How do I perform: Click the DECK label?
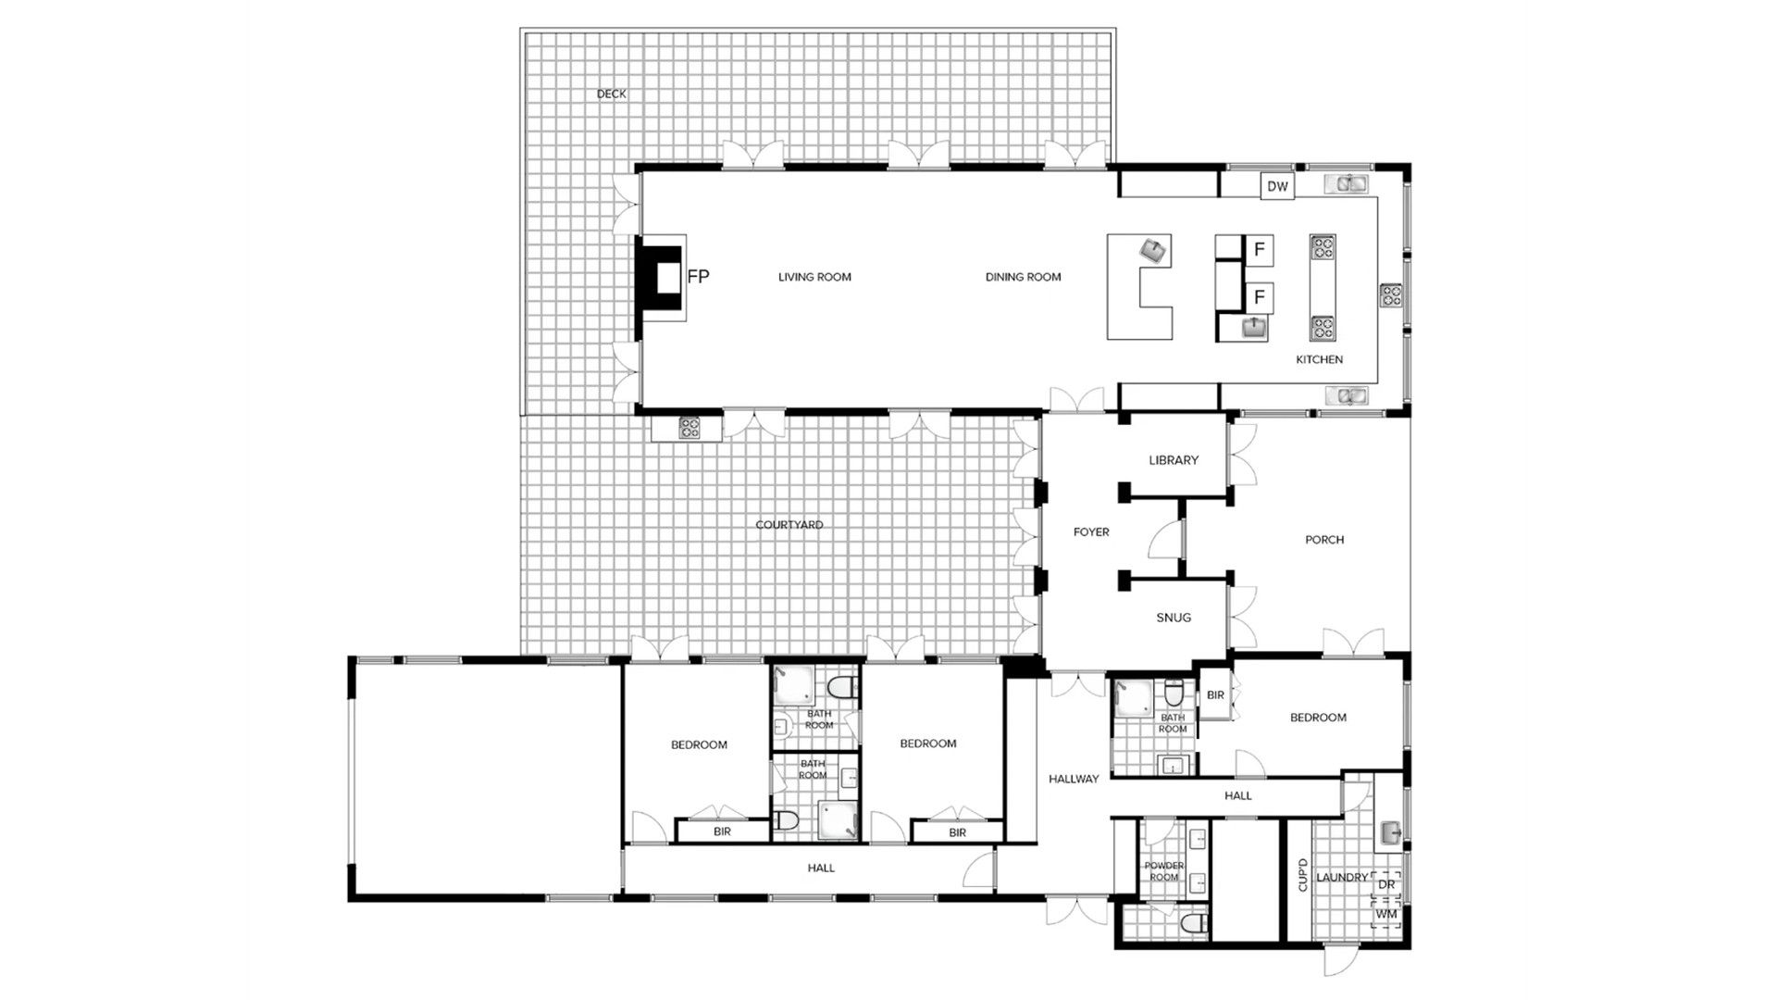point(611,94)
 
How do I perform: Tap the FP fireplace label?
point(698,276)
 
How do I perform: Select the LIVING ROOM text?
point(814,277)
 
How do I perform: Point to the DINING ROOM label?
point(1023,277)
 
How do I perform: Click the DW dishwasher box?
point(1277,186)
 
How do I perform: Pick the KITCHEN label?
point(1319,359)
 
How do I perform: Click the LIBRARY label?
point(1174,460)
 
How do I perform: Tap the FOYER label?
point(1091,532)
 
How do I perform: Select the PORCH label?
point(1324,540)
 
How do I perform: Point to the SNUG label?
point(1174,618)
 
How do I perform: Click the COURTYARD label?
point(789,525)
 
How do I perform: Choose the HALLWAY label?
point(1074,779)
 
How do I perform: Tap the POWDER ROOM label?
point(1164,871)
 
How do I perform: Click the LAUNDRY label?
point(1342,878)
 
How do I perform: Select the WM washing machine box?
point(1386,914)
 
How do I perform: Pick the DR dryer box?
point(1386,884)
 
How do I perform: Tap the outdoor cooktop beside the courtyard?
point(690,428)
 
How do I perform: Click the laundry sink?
point(1391,833)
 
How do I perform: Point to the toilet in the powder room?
point(1193,923)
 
